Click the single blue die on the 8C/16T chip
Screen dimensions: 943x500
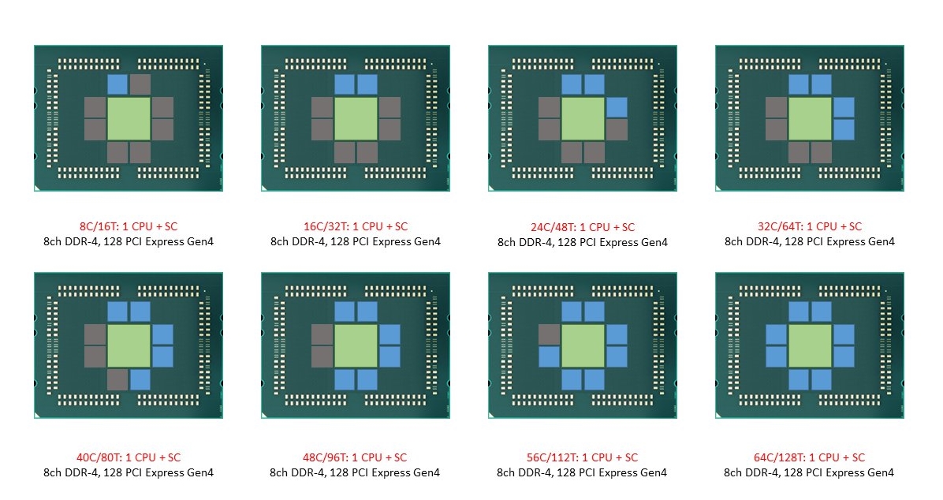coord(117,84)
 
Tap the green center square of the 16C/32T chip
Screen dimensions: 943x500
coord(356,118)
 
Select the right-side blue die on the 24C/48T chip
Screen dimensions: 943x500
coord(617,108)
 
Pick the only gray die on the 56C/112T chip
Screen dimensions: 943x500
coord(549,334)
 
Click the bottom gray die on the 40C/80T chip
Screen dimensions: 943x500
coord(117,379)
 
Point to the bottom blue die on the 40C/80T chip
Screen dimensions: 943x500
coord(140,379)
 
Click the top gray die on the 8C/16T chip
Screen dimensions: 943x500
coord(140,84)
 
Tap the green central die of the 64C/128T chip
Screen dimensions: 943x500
coord(810,346)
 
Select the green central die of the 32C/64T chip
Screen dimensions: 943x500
coord(810,118)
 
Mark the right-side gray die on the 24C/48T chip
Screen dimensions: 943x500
coord(617,129)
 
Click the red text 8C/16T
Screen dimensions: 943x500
coord(99,226)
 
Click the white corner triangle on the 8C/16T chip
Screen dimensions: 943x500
coord(37,188)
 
